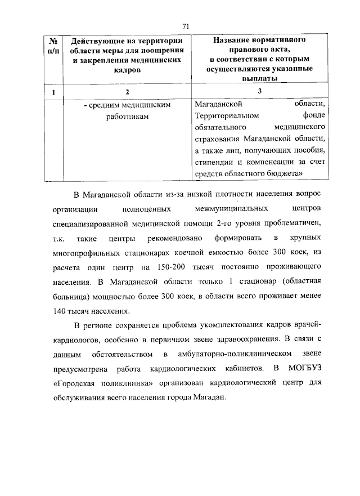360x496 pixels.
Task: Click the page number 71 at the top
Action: (x=186, y=26)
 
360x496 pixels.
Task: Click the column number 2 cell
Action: (x=127, y=92)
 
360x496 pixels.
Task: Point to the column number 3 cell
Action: (x=260, y=92)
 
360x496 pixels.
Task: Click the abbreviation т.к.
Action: (x=58, y=238)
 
